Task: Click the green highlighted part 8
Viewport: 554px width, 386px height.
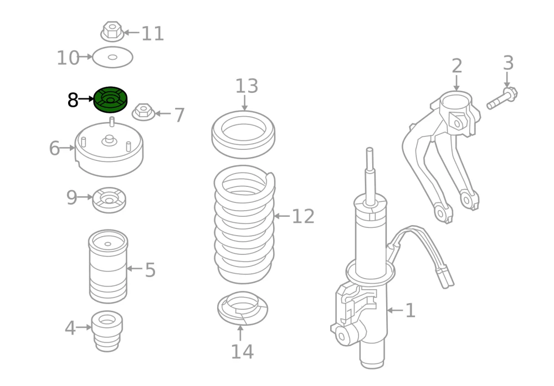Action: pos(110,100)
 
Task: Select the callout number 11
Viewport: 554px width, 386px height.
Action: pos(153,34)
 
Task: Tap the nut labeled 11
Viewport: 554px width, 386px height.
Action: pos(112,31)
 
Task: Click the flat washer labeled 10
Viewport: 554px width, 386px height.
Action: pos(112,57)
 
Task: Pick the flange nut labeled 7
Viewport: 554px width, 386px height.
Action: pos(143,112)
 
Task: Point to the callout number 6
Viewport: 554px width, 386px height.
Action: pos(54,148)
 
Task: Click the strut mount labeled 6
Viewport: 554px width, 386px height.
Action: pos(109,148)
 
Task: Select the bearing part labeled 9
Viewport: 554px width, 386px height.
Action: pos(109,200)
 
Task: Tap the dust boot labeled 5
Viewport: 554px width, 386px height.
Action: pos(108,267)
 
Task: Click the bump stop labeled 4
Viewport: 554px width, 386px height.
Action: pos(107,331)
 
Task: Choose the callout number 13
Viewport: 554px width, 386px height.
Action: pos(247,86)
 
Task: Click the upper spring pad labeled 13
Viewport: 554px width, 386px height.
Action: pos(243,134)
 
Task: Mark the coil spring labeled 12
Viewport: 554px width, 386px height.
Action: pos(244,225)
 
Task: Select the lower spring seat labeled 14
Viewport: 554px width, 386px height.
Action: pos(243,308)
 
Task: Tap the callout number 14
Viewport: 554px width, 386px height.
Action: pos(243,352)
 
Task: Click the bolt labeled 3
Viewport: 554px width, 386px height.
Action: pos(502,98)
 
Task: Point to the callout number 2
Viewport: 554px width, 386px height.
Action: pos(457,66)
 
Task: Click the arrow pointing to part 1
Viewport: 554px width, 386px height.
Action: pos(395,310)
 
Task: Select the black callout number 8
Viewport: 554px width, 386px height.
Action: pos(73,100)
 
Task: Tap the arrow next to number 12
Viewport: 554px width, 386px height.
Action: pos(282,216)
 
